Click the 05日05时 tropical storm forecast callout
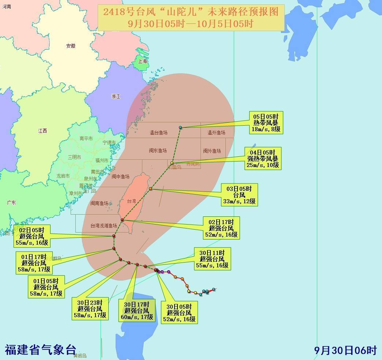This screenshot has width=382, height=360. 266,123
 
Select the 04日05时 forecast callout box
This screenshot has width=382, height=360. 263,158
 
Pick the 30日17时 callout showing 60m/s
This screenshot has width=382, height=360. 136,311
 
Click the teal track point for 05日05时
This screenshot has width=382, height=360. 180,127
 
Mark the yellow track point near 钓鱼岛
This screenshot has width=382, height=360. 172,163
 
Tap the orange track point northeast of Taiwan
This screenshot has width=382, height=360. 150,189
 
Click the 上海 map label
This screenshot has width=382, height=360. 142,61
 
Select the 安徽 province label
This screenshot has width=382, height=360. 71,46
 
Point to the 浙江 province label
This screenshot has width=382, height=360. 116,96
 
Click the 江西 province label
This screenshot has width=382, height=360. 42,131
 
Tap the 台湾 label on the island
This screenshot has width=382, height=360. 131,201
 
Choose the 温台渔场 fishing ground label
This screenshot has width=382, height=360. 158,133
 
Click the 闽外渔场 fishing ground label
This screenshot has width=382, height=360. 212,151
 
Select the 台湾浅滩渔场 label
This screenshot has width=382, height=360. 104,226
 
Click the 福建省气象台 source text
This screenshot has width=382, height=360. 40,350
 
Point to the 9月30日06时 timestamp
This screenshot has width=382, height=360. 345,350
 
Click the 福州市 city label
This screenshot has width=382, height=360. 102,160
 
